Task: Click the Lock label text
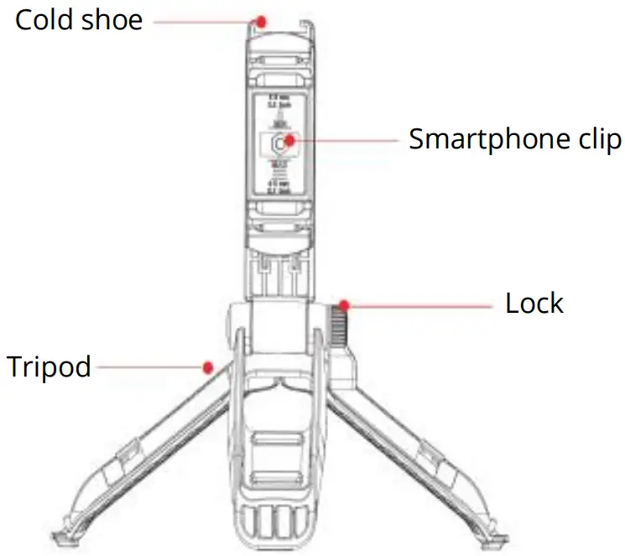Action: tap(534, 303)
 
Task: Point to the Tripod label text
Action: tap(49, 366)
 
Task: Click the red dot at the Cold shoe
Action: tap(262, 20)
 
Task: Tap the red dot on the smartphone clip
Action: tap(289, 139)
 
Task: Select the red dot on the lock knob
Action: tap(345, 303)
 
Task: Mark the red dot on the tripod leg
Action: tap(207, 366)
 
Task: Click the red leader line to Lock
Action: tap(419, 305)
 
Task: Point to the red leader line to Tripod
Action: tap(147, 366)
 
